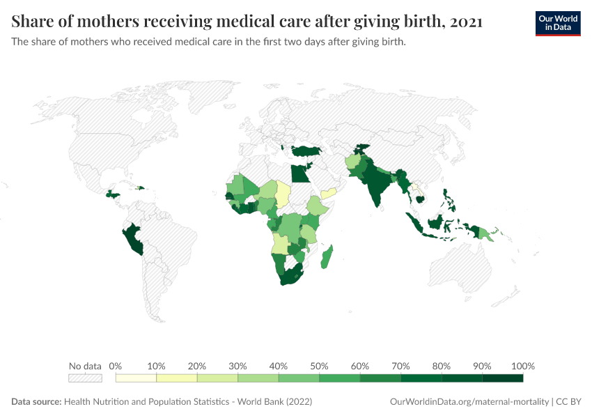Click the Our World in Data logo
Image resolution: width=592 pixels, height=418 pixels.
[x=557, y=22]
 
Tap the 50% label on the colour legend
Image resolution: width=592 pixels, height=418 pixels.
[x=319, y=366]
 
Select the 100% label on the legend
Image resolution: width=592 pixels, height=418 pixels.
[x=522, y=366]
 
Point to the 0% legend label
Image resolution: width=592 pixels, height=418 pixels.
[x=116, y=366]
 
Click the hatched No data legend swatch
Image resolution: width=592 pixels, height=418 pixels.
[x=85, y=378]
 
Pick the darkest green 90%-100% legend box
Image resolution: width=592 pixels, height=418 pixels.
[x=502, y=378]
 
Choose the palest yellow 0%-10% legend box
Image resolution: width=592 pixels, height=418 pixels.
[x=136, y=378]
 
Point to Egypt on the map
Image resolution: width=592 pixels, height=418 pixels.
[x=299, y=172]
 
